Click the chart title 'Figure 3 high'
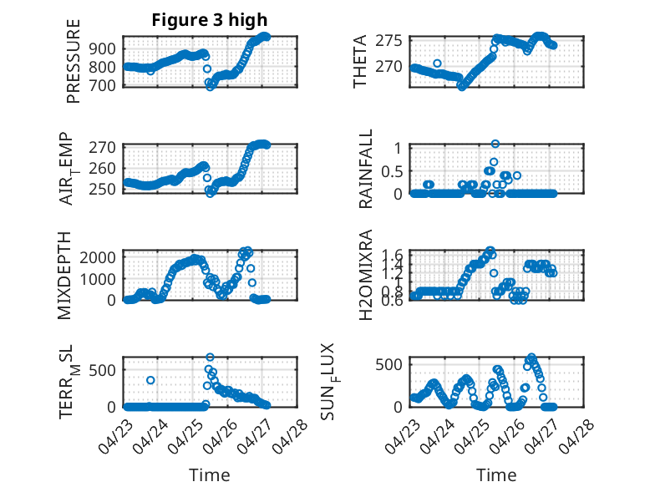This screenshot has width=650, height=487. pyautogui.click(x=209, y=20)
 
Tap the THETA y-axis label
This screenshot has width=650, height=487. pyautogui.click(x=360, y=62)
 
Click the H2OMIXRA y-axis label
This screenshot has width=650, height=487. pyautogui.click(x=365, y=275)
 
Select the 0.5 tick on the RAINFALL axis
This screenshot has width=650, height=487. pyautogui.click(x=393, y=170)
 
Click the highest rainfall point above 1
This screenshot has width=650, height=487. pyautogui.click(x=495, y=144)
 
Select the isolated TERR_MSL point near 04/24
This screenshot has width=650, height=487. pyautogui.click(x=150, y=380)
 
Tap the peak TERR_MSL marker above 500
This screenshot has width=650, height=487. pyautogui.click(x=211, y=358)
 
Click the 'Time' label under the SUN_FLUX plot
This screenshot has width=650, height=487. pyautogui.click(x=496, y=474)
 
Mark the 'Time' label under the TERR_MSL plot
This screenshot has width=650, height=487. pyautogui.click(x=210, y=474)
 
